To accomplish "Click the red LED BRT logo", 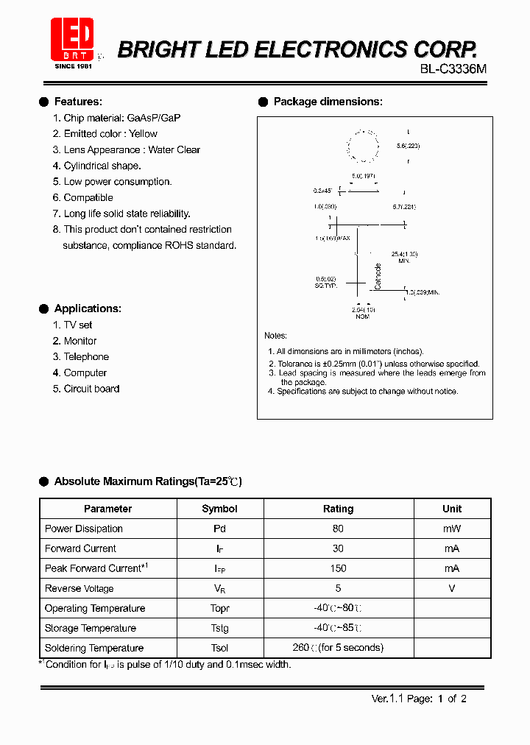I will click(x=71, y=38).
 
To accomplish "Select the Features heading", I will click(x=78, y=102).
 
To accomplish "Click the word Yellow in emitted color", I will click(x=143, y=134).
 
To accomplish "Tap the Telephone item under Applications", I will click(x=86, y=357).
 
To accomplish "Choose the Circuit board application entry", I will click(x=91, y=389).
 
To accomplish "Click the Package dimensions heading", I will click(x=328, y=102).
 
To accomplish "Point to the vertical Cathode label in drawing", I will click(x=378, y=276).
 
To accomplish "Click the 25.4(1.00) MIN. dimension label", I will click(x=404, y=257).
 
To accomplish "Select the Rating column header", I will click(x=338, y=509).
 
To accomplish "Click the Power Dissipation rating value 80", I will click(x=338, y=529).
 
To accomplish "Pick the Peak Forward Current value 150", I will click(x=338, y=568).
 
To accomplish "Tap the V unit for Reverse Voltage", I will click(x=452, y=588).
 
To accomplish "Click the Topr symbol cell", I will click(x=219, y=609).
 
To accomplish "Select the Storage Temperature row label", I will click(x=91, y=629).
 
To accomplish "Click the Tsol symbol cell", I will click(x=219, y=649).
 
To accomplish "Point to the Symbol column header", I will click(x=219, y=509).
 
